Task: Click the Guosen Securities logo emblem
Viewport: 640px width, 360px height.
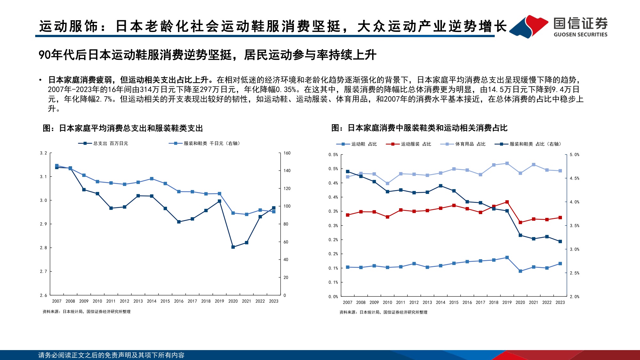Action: [529, 27]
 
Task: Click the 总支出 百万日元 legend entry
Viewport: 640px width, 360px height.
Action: [103, 143]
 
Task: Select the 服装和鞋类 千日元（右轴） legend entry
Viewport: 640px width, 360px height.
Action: [205, 143]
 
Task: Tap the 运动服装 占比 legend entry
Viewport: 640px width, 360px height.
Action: [409, 144]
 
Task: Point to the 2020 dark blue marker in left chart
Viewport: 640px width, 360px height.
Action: [233, 247]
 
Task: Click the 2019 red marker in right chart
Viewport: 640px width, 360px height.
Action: [507, 202]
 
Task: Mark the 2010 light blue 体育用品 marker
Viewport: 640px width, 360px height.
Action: [388, 184]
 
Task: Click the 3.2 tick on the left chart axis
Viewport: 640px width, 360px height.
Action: [43, 153]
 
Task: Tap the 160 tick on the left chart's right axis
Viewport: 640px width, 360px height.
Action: [287, 153]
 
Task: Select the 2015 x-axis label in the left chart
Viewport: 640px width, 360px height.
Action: [165, 301]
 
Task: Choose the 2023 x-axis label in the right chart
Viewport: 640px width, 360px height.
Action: [560, 302]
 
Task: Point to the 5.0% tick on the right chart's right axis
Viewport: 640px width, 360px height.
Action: [574, 155]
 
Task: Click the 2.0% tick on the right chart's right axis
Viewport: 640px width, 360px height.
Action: [574, 297]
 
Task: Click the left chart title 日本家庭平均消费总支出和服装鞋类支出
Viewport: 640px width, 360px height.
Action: [123, 128]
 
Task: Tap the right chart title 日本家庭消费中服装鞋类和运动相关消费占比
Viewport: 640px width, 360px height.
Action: [419, 128]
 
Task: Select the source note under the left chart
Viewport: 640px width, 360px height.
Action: [86, 312]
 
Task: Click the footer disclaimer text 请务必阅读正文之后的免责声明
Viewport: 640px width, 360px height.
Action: [111, 355]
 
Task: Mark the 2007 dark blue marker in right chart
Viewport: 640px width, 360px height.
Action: [348, 172]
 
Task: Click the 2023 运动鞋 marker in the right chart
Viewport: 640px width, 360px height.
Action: [560, 264]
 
